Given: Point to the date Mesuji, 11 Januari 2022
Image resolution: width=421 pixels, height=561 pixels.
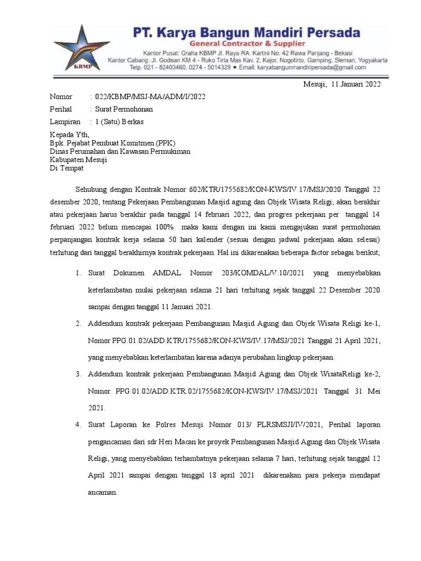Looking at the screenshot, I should point(342,84).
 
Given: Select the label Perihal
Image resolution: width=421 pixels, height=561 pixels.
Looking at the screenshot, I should point(61,109).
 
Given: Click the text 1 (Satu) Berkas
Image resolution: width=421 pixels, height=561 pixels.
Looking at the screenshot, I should point(120,121).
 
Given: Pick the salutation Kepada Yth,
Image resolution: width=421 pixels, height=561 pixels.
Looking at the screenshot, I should point(69,135).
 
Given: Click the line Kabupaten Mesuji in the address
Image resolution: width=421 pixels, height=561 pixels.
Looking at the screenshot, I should point(78,160).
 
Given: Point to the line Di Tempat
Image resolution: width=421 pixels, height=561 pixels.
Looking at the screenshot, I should point(66,168).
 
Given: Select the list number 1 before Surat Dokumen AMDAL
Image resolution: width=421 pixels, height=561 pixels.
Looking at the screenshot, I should point(79,273).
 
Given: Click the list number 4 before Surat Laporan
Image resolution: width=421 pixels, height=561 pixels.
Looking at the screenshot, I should point(79,425).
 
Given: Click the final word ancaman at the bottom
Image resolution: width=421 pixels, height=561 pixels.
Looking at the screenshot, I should point(103,493).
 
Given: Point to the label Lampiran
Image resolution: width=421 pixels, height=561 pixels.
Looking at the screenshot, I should point(65,121).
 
